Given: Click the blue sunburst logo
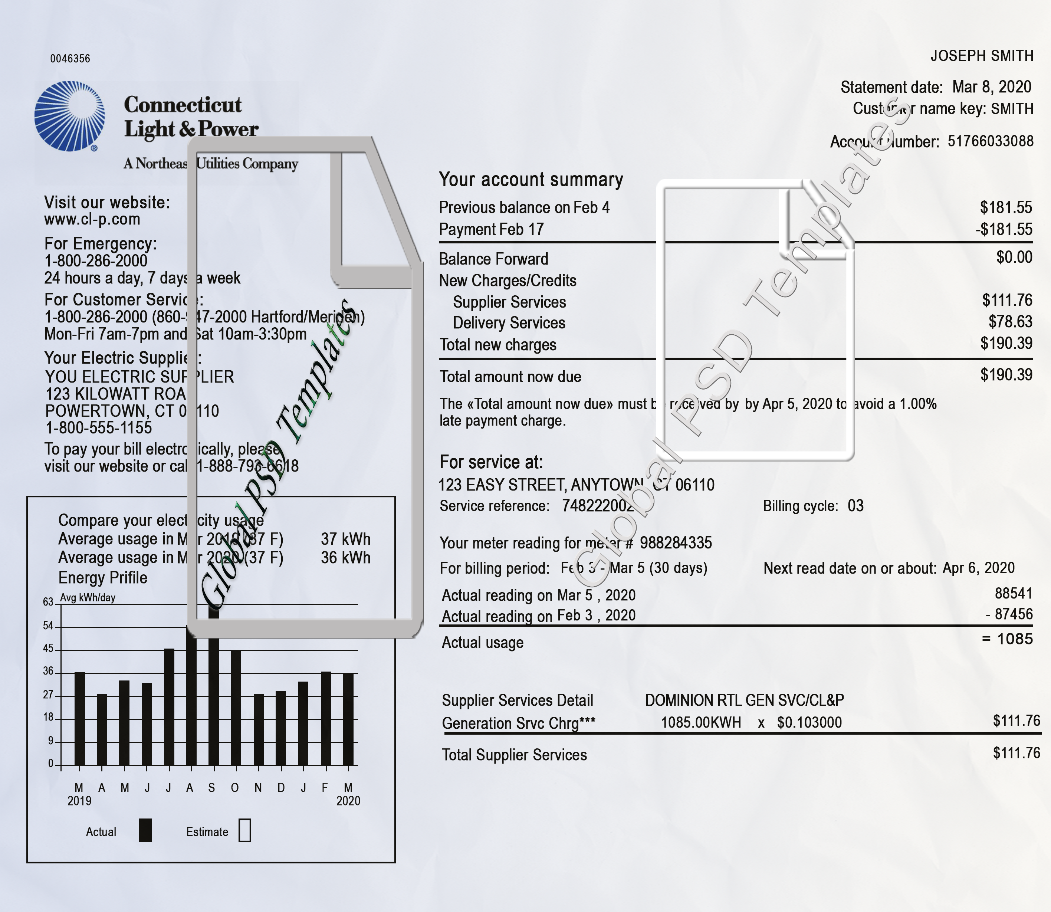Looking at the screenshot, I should (70, 116).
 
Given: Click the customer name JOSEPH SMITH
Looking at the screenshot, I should (982, 56).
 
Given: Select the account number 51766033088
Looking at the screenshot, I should (990, 141).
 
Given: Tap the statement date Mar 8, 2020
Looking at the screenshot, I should (991, 87).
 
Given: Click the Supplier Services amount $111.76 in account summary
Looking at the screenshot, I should (1007, 300).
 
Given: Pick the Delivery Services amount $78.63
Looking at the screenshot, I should (1010, 322).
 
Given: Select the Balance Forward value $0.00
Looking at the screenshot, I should (1014, 257).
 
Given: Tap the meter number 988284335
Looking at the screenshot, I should (676, 543).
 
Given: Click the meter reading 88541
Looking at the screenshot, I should (1013, 593).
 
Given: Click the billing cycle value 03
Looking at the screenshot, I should (855, 506).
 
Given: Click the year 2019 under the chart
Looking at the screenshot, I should (79, 801).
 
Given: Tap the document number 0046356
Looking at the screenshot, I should (70, 59).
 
